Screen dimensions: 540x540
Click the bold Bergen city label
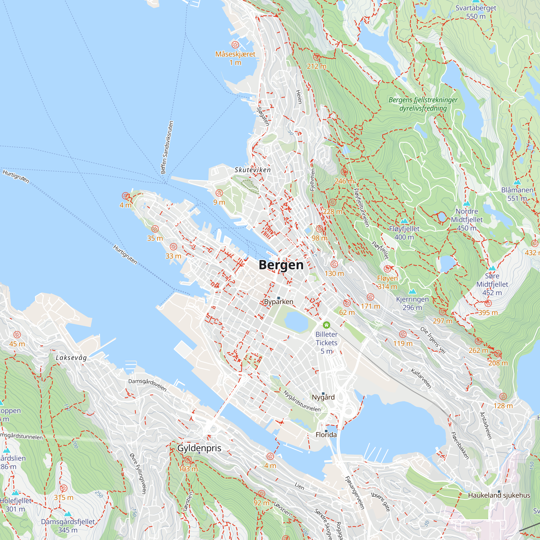tap(281, 265)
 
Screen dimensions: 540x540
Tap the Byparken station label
tap(279, 302)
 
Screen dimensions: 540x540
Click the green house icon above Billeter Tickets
tap(326, 325)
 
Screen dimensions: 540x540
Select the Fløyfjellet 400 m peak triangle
tap(404, 221)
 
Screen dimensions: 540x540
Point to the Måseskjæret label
tap(235, 54)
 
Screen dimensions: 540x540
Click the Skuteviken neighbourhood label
tap(253, 170)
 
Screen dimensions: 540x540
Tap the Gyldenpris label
tap(199, 448)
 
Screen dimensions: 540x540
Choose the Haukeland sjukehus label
tap(499, 495)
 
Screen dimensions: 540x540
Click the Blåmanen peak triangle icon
tap(517, 182)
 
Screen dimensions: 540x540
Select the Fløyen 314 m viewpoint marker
tap(387, 269)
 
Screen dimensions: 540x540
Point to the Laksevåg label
tap(71, 358)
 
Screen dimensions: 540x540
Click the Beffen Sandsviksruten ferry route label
tap(167, 147)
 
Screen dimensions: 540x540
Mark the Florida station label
tap(326, 435)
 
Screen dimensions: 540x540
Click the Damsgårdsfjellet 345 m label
tap(68, 526)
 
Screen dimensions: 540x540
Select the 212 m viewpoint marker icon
tap(316, 57)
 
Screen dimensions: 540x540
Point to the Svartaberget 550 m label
tap(476, 12)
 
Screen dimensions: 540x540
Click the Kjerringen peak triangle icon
tap(412, 292)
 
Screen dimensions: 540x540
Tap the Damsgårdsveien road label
tap(147, 385)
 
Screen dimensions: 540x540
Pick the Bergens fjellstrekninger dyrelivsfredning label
tap(423, 104)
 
